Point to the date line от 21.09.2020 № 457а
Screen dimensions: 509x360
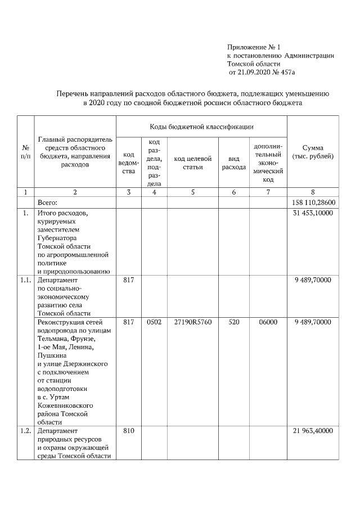(262, 73)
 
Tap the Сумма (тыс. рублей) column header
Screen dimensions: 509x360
(312, 152)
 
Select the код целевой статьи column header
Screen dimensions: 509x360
(192, 163)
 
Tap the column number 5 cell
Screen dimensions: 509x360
(192, 192)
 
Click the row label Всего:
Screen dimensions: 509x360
(48, 202)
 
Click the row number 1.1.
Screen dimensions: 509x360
(25, 280)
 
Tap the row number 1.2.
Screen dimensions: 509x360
(25, 431)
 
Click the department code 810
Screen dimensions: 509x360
(129, 431)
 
